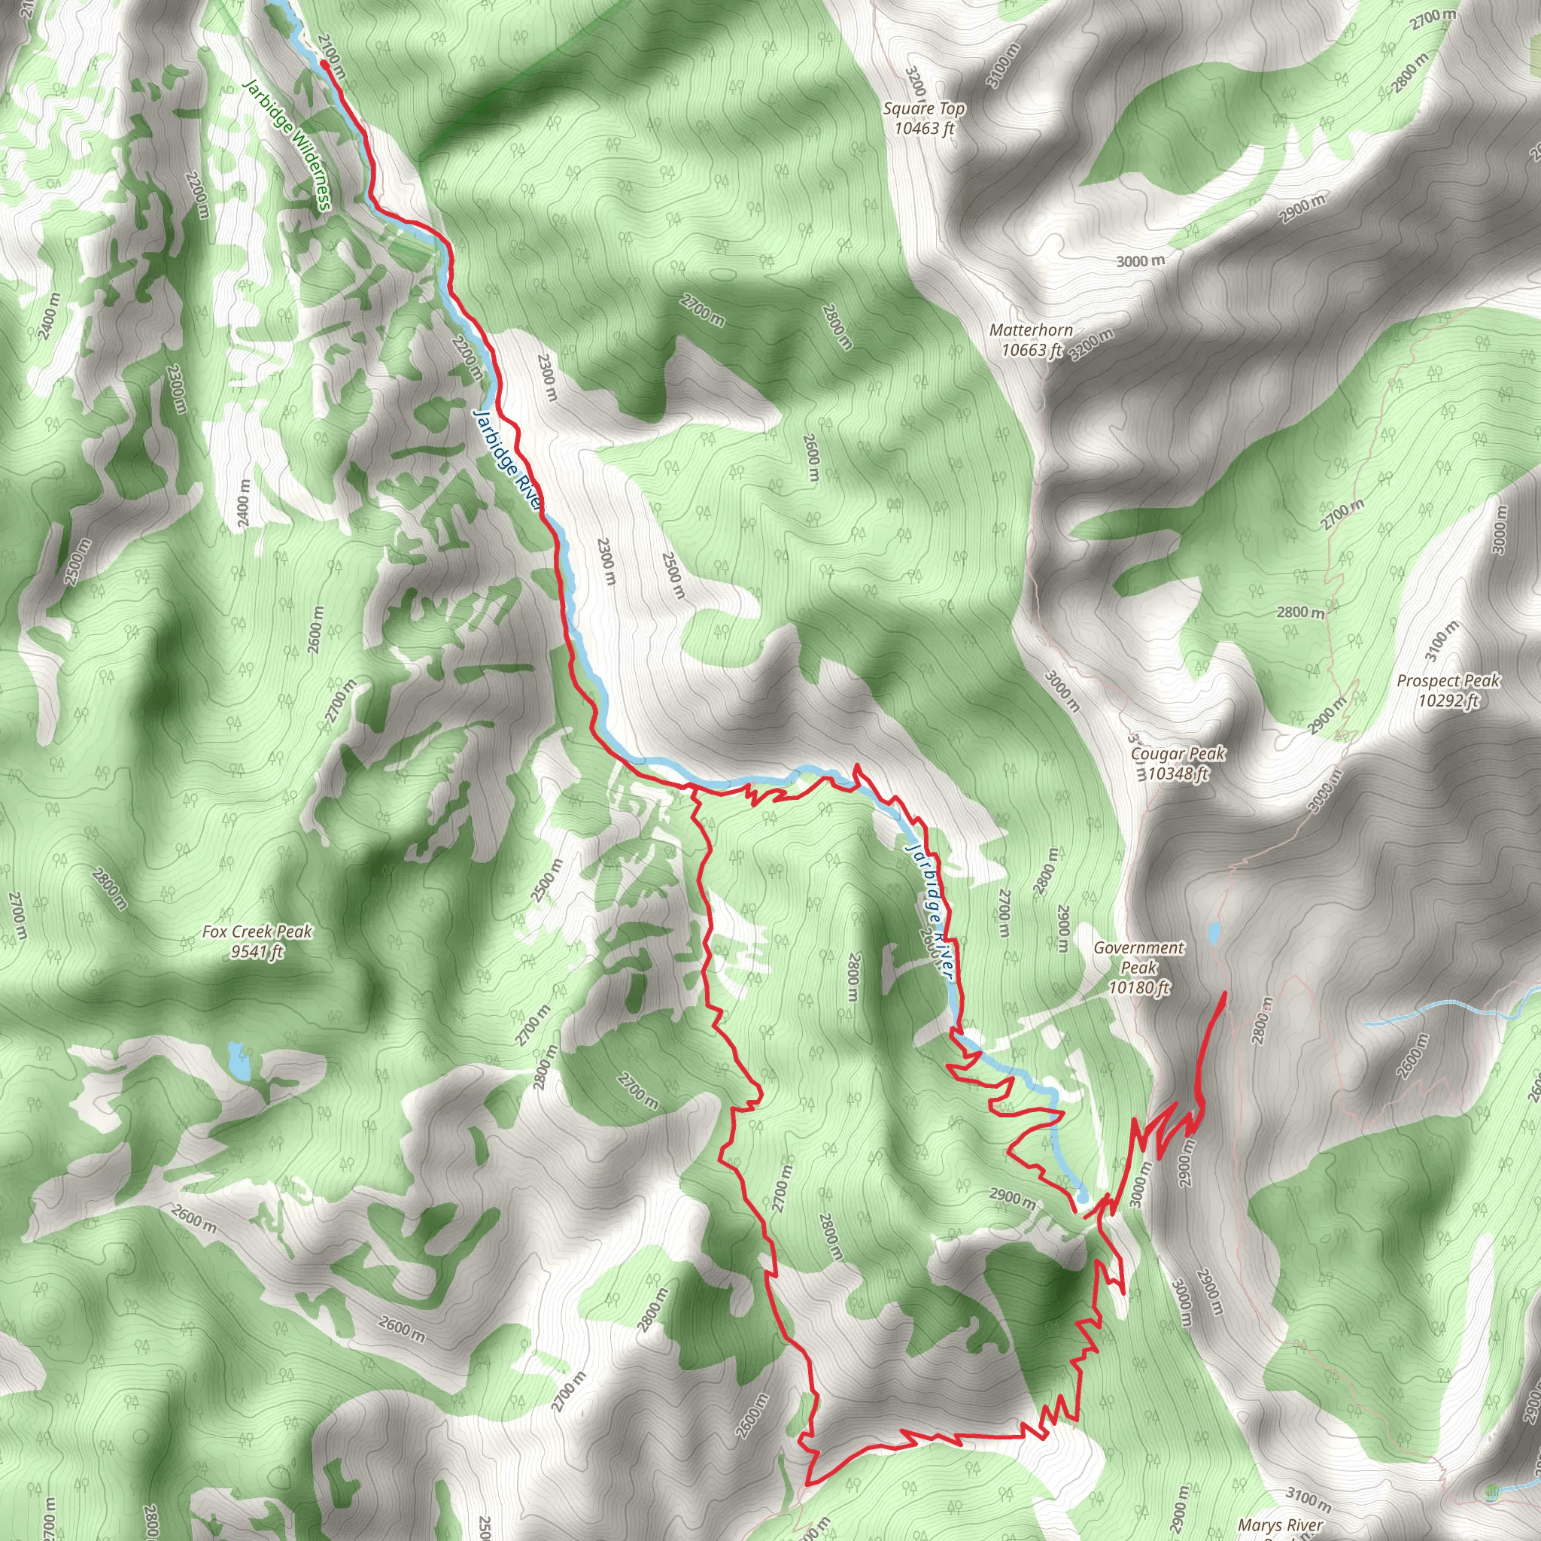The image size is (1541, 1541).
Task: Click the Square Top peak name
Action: pyautogui.click(x=924, y=108)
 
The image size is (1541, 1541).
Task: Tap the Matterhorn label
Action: pyautogui.click(x=1031, y=330)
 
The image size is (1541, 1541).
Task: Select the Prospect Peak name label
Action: pyautogui.click(x=1448, y=681)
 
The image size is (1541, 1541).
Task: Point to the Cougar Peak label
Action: pyautogui.click(x=1178, y=753)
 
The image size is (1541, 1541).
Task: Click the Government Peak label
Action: pyautogui.click(x=1138, y=957)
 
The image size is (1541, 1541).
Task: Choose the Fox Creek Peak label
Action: pyautogui.click(x=257, y=931)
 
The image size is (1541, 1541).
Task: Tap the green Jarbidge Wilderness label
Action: pyautogui.click(x=287, y=144)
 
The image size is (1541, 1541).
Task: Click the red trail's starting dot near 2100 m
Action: pyautogui.click(x=323, y=64)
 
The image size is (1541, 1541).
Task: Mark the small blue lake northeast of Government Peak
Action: pyautogui.click(x=1214, y=932)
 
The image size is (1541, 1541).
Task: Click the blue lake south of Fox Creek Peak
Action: pyautogui.click(x=237, y=1059)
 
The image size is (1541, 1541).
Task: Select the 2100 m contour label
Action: pyautogui.click(x=332, y=56)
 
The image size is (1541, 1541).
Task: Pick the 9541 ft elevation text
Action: pyautogui.click(x=257, y=951)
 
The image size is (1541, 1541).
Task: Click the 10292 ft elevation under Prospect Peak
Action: pyautogui.click(x=1448, y=701)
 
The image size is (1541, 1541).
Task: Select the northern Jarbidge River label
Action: pyautogui.click(x=506, y=460)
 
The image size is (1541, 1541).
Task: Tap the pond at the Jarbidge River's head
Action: pyautogui.click(x=1081, y=1196)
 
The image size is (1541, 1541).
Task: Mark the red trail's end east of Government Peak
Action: pyautogui.click(x=1223, y=992)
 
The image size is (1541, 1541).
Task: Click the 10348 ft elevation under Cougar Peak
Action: pyautogui.click(x=1178, y=773)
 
